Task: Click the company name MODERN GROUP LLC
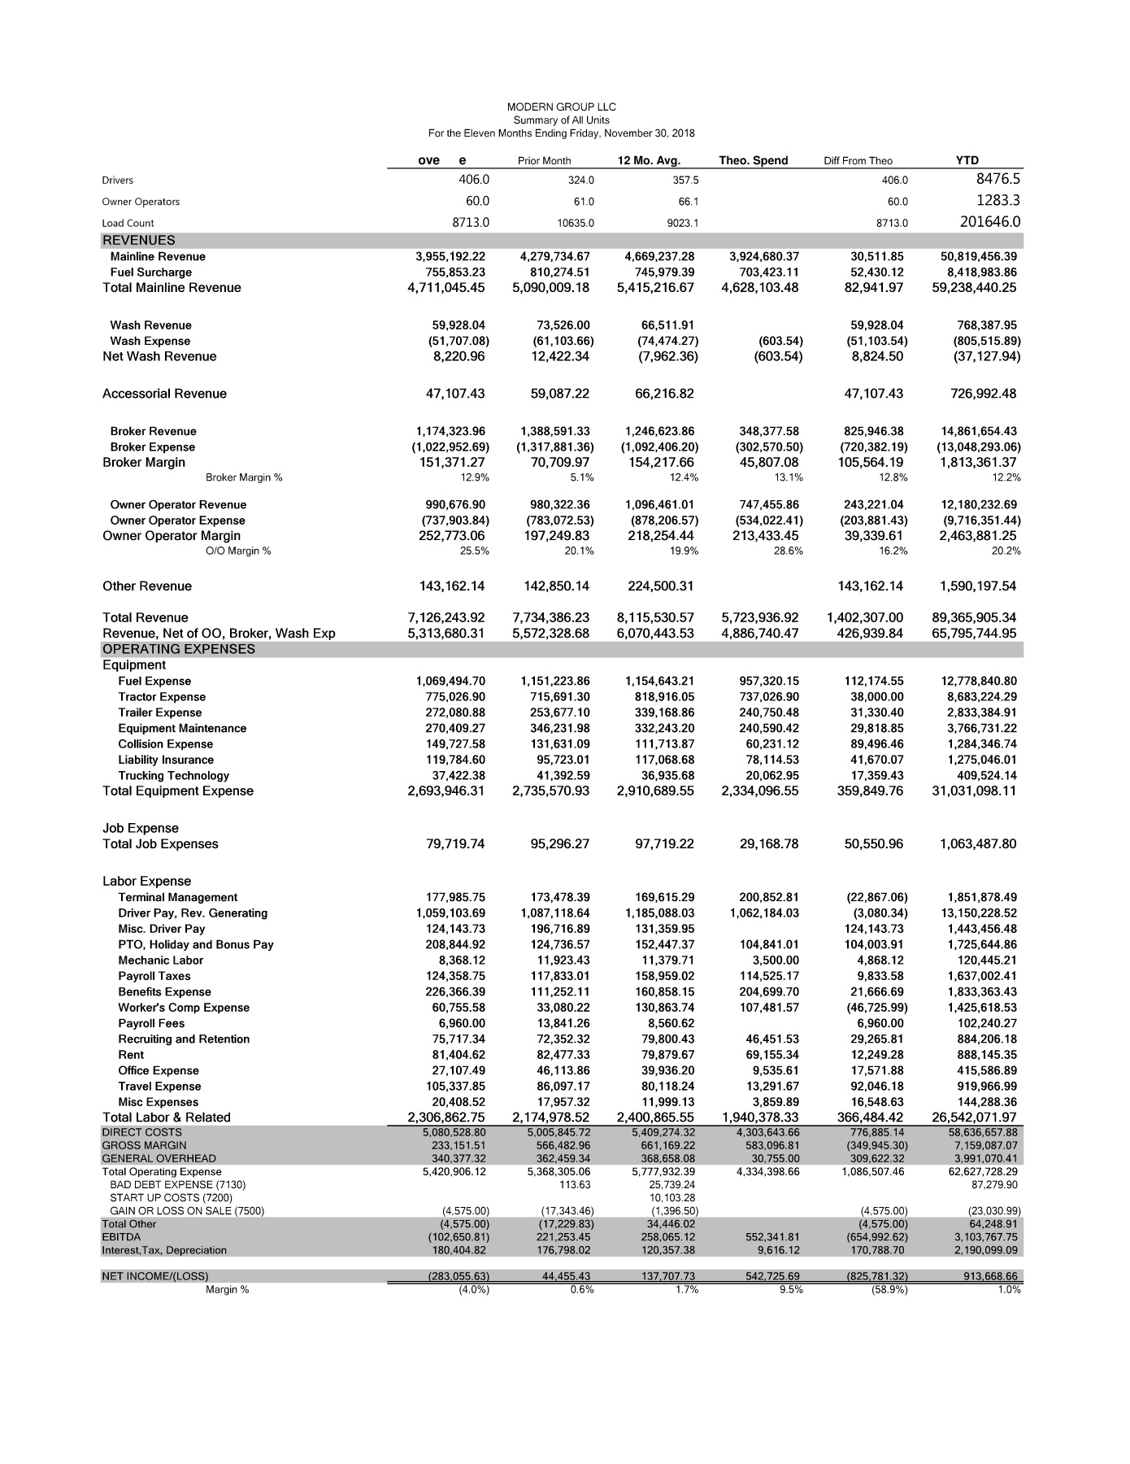[561, 107]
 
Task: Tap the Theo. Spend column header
[753, 160]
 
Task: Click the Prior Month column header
[544, 161]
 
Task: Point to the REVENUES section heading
[138, 240]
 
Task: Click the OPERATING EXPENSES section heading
[178, 649]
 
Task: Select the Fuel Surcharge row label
[151, 272]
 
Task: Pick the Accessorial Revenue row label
[164, 394]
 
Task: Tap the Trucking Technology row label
[173, 776]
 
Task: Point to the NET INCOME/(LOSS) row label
[154, 1276]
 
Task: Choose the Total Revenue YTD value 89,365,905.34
[974, 617]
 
